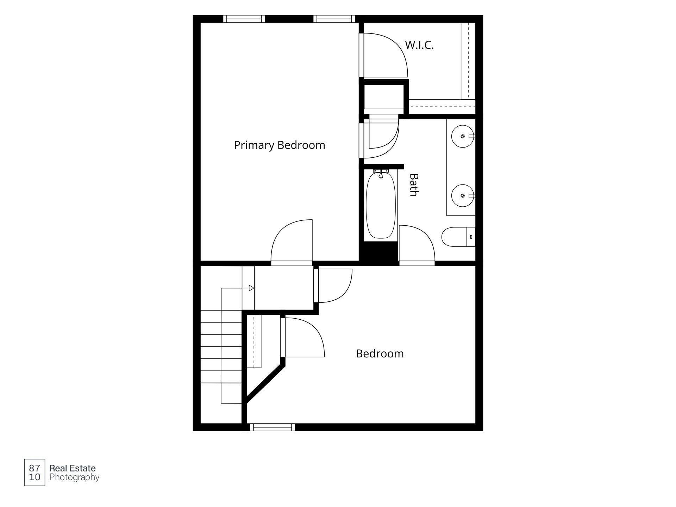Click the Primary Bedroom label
click(280, 145)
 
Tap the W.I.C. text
click(419, 45)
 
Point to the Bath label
click(414, 185)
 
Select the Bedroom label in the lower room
click(380, 353)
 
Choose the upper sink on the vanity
click(463, 136)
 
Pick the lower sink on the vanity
click(463, 196)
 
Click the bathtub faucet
click(381, 174)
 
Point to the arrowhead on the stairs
click(251, 288)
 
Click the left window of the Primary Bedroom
click(244, 19)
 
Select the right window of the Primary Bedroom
click(334, 19)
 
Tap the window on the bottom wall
click(273, 427)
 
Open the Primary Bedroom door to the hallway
click(292, 243)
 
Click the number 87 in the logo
click(35, 468)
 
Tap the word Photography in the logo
click(74, 477)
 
